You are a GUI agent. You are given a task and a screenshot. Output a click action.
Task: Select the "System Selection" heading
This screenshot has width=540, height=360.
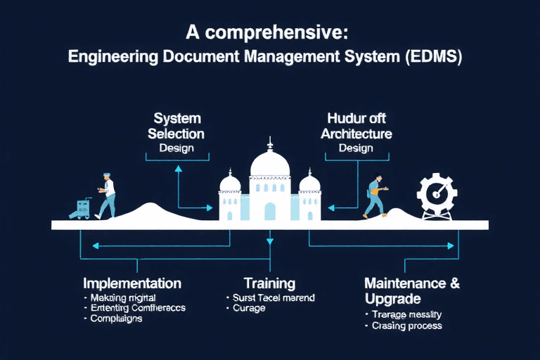(176, 125)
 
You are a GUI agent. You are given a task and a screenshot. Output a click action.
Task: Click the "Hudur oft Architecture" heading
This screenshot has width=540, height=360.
(356, 125)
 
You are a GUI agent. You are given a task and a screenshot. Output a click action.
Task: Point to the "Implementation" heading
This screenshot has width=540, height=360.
(132, 283)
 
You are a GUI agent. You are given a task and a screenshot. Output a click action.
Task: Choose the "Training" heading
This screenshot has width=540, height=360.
(269, 283)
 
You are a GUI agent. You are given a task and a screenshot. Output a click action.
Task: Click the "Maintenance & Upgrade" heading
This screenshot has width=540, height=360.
(412, 291)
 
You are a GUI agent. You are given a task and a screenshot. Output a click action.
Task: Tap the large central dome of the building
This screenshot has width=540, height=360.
(270, 163)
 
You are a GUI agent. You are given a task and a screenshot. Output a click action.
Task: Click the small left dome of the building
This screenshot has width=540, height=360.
(230, 184)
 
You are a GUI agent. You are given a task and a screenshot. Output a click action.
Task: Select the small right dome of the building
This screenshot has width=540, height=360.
(309, 184)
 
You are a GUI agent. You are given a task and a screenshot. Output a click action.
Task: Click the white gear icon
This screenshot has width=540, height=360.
(439, 194)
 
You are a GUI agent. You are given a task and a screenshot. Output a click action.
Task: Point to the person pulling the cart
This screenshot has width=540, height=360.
(106, 195)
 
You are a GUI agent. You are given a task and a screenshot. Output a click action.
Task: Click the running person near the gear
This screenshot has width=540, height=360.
(375, 196)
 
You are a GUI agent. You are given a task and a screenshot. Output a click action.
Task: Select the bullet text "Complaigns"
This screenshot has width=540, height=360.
(116, 319)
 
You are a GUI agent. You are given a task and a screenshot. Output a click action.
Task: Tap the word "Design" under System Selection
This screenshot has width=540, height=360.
(176, 148)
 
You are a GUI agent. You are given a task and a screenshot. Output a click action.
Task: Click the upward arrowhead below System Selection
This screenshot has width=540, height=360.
(179, 169)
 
